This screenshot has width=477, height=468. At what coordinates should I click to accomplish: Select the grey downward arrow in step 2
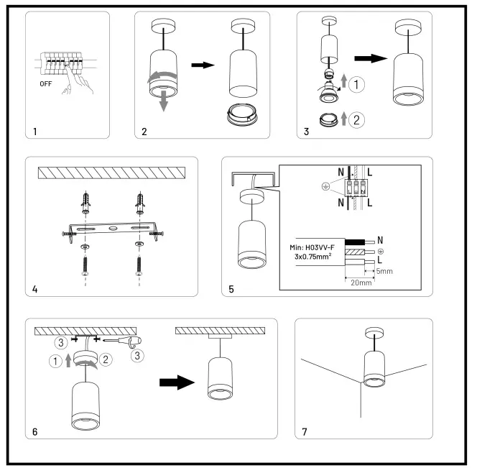(163, 101)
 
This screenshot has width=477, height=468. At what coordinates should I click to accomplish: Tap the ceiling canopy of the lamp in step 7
(371, 333)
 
